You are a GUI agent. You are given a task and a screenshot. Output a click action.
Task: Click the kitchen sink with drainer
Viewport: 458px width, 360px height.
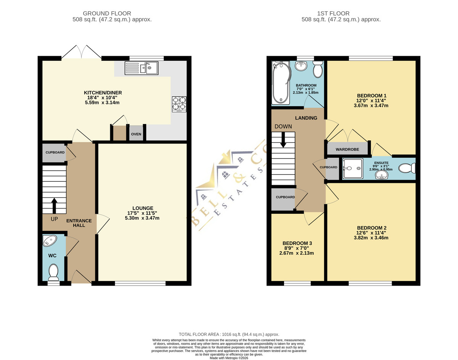point(141,68)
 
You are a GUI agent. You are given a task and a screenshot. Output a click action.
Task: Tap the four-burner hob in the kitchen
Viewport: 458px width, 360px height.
point(179,104)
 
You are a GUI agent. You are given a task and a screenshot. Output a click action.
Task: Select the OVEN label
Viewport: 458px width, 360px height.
point(136,134)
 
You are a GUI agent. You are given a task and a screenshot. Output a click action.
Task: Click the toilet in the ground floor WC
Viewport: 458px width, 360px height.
point(53,273)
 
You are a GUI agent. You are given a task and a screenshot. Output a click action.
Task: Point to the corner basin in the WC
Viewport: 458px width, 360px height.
point(50,241)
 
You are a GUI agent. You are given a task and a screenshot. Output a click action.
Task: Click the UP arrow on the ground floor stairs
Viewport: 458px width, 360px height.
point(54,205)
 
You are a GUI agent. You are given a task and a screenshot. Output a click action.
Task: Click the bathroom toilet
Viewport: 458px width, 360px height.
point(318,69)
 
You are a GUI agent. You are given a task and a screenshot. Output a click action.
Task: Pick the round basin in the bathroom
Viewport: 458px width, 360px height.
point(301,66)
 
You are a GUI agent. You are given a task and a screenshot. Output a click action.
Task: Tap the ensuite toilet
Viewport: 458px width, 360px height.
point(407,169)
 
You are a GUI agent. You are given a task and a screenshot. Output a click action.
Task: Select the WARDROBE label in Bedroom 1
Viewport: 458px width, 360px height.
point(347,149)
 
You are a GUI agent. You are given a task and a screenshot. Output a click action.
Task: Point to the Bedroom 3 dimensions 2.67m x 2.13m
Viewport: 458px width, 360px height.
point(297,253)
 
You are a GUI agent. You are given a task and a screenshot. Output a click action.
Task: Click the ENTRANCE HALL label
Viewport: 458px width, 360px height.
point(79,223)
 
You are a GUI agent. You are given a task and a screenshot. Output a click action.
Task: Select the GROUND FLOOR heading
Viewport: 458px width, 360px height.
point(107,13)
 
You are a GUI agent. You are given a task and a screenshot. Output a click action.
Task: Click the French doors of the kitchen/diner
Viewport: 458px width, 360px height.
point(81,52)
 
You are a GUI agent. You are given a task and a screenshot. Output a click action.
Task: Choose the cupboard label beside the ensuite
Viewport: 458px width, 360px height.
point(328,167)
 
